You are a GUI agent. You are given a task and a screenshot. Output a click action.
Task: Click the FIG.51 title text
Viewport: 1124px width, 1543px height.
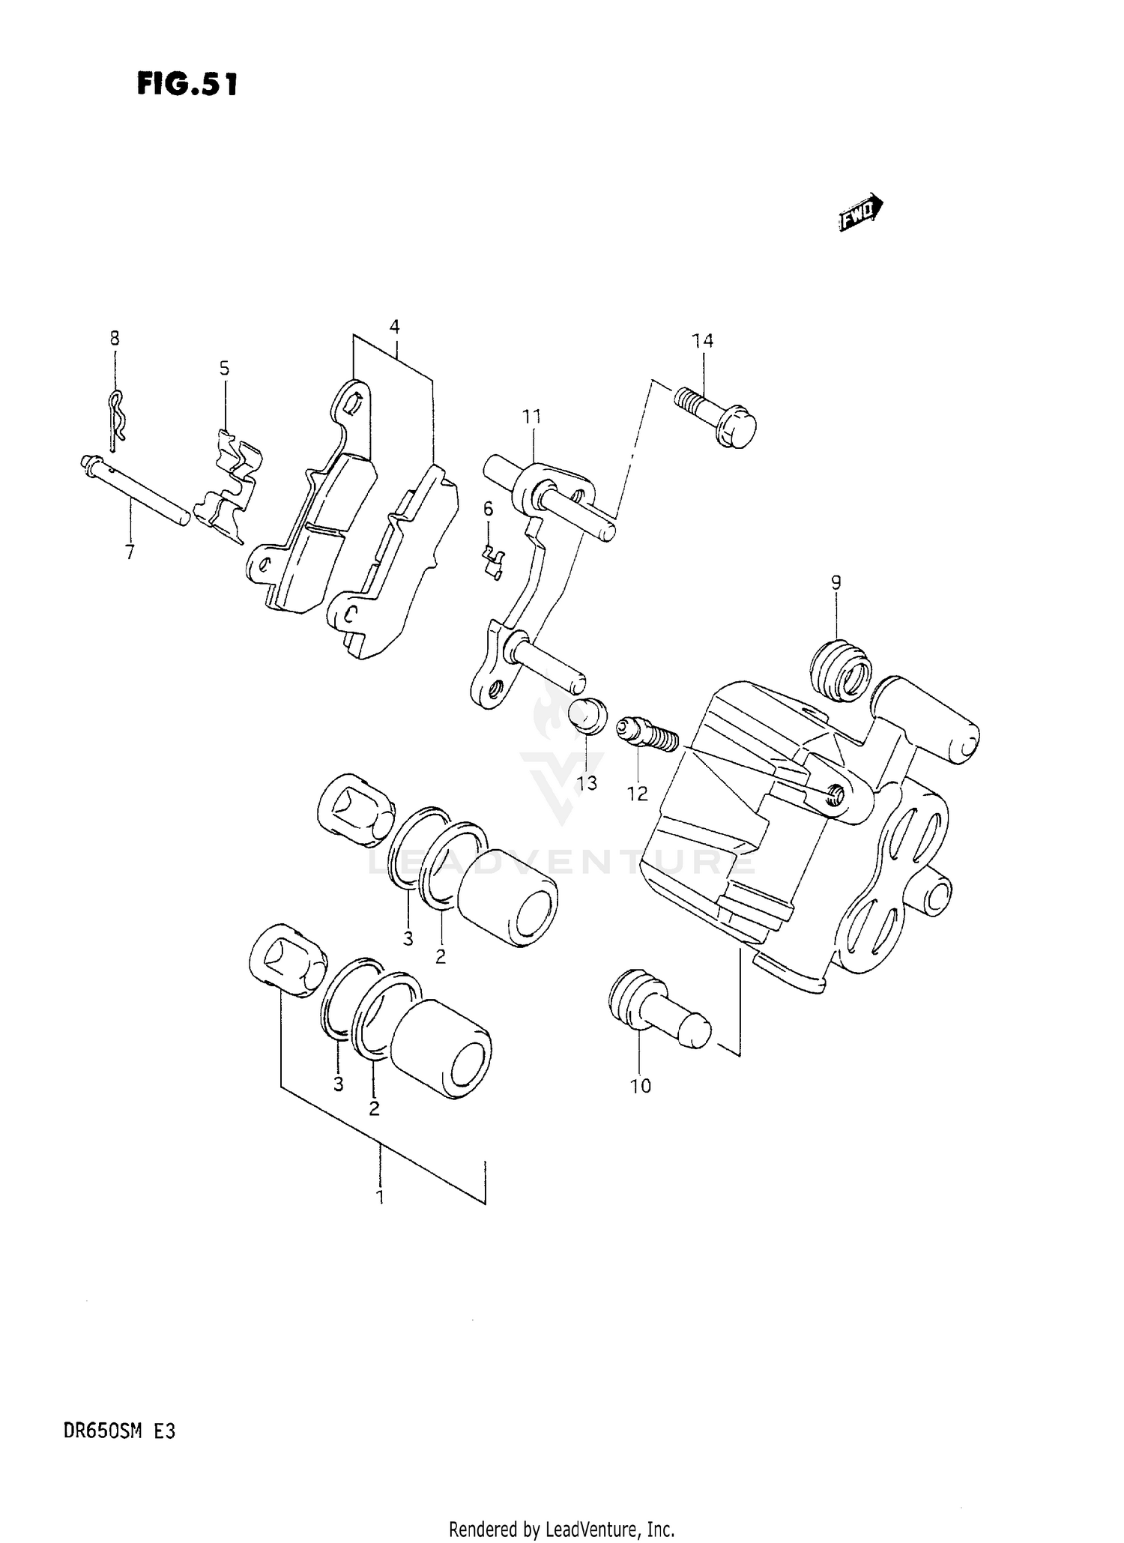(187, 84)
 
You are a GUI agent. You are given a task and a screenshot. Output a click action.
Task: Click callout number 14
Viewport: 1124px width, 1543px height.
(702, 341)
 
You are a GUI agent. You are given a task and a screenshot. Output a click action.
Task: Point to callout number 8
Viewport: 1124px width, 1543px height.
(115, 338)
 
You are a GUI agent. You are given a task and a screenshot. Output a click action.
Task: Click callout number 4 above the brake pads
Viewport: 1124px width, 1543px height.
(394, 326)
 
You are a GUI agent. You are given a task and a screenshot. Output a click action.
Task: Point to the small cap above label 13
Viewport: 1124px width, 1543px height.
(588, 714)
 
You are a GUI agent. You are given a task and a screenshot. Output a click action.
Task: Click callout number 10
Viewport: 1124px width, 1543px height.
(641, 1086)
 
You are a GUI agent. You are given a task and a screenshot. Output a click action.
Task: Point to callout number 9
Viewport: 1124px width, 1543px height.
(836, 582)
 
